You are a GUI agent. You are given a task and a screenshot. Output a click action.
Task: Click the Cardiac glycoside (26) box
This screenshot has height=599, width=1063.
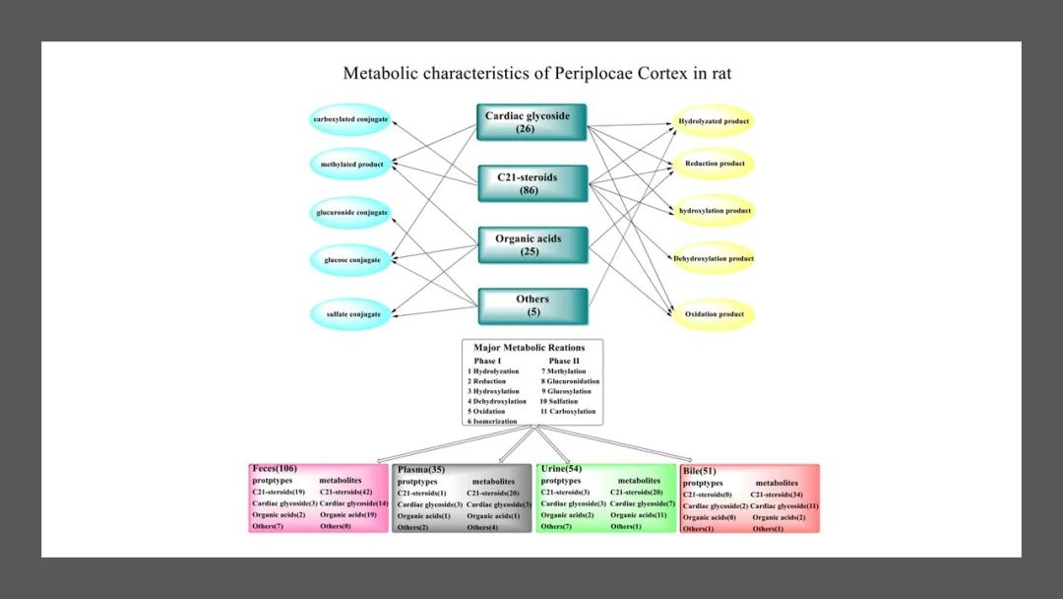click(x=531, y=122)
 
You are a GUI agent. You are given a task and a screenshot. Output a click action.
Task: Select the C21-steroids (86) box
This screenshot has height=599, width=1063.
click(x=532, y=183)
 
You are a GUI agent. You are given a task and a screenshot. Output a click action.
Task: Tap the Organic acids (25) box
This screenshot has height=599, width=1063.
click(x=532, y=244)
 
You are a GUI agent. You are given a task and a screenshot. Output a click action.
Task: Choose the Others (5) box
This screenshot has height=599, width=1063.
click(x=532, y=305)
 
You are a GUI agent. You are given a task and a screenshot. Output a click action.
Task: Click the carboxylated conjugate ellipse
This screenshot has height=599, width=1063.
click(x=350, y=119)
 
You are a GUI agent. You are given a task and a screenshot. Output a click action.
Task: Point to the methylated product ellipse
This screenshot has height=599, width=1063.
click(x=351, y=164)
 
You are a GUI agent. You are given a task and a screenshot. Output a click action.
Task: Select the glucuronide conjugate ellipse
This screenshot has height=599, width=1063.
click(x=351, y=213)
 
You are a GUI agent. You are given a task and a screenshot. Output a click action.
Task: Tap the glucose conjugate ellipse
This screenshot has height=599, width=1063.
click(x=351, y=260)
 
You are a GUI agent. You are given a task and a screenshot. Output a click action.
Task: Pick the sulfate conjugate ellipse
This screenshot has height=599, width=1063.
click(x=351, y=315)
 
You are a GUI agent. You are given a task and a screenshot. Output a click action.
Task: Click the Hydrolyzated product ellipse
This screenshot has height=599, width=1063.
click(x=714, y=121)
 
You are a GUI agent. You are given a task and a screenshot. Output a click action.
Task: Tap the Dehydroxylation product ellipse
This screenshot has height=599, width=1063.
click(x=714, y=258)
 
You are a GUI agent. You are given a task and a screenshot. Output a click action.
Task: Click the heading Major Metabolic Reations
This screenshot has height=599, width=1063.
click(x=530, y=348)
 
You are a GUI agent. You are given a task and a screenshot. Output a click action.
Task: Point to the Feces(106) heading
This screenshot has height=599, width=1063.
click(x=275, y=469)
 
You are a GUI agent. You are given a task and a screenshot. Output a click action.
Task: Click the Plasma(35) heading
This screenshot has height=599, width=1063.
click(x=420, y=470)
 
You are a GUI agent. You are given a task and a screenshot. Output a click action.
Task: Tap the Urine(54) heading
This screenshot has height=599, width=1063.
click(x=561, y=469)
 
